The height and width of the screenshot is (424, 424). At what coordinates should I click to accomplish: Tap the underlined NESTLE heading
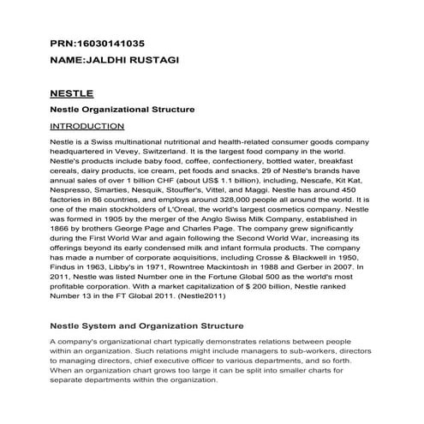click(x=73, y=93)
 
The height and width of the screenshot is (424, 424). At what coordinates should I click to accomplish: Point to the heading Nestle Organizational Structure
click(x=122, y=110)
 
